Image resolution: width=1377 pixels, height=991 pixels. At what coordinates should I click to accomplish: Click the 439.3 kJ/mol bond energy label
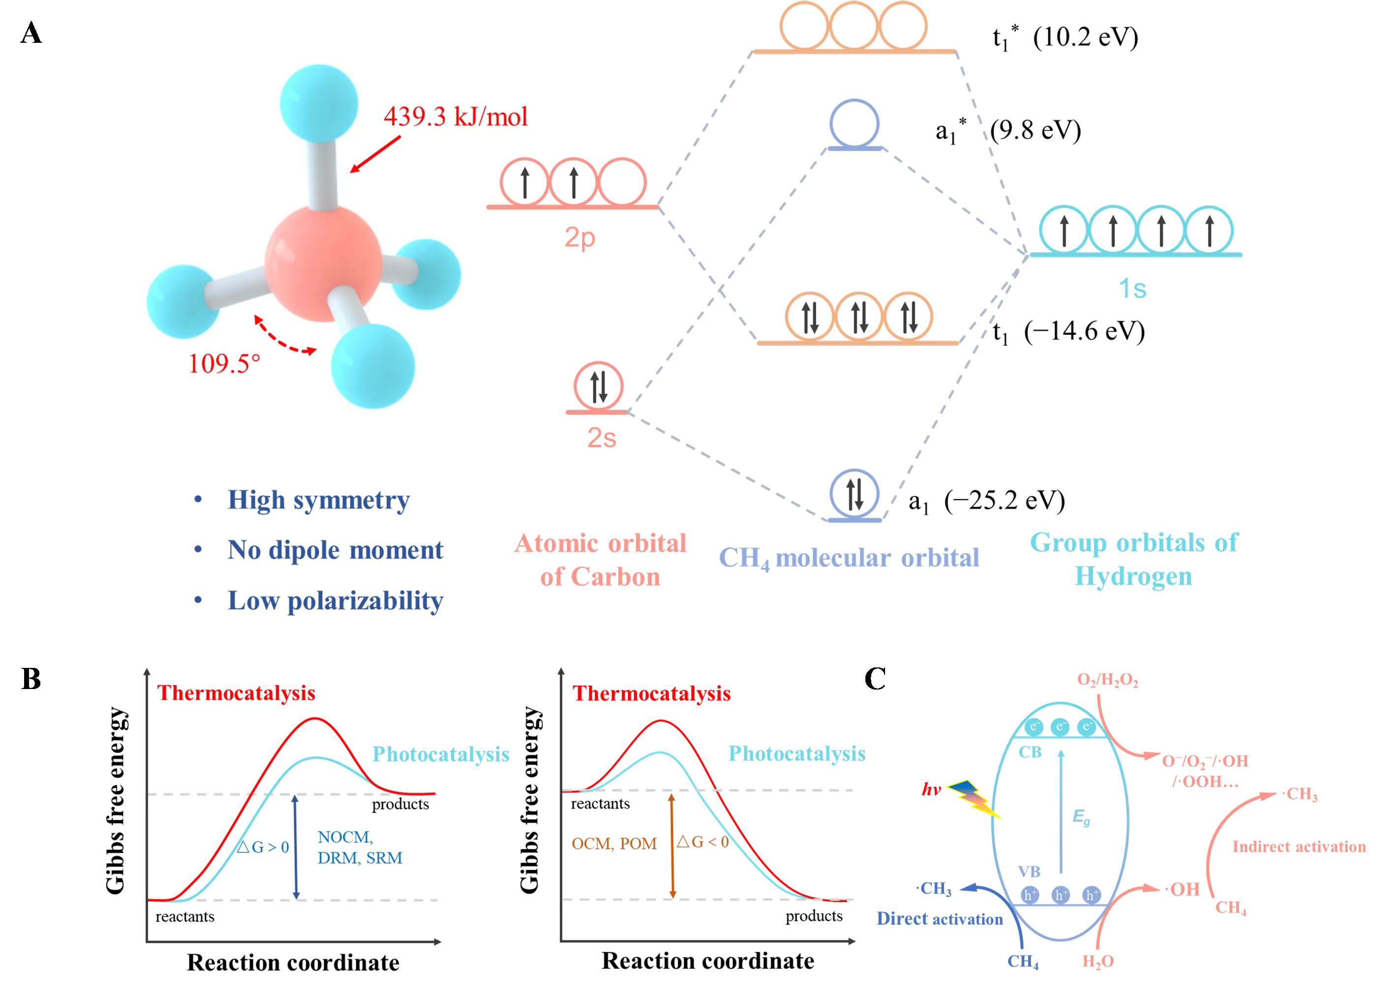point(456,116)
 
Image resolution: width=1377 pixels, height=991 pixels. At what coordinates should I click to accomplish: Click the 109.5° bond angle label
point(224,363)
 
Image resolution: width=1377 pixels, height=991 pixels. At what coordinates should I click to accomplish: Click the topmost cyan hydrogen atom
point(318,104)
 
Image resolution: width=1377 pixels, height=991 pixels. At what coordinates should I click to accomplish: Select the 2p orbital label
point(580,238)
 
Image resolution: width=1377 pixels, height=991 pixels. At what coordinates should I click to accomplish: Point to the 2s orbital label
point(601,437)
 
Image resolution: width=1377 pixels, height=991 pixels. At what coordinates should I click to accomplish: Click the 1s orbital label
point(1133,288)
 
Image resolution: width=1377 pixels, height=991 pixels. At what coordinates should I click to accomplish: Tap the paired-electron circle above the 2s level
point(598,386)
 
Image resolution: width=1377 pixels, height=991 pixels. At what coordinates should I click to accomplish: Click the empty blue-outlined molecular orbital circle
point(854,123)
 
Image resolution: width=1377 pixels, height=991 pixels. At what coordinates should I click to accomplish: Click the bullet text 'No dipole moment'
point(334,550)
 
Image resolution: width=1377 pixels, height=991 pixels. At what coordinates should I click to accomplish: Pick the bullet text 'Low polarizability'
point(335,601)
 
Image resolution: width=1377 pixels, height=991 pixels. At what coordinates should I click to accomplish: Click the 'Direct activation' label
point(938,919)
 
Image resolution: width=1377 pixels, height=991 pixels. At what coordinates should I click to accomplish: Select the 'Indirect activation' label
point(1299,846)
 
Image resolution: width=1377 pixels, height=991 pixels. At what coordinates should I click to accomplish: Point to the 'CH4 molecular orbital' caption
point(848,559)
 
